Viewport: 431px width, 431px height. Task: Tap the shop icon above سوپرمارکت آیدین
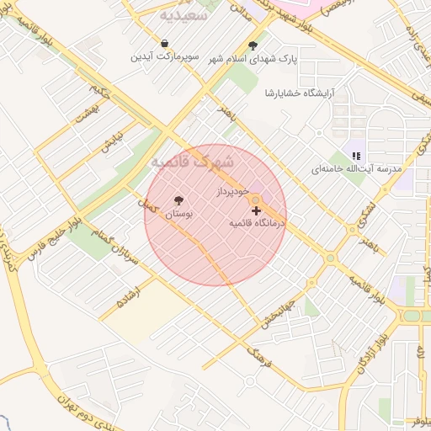tap(164, 43)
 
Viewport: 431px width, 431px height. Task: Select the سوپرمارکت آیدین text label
tap(164, 56)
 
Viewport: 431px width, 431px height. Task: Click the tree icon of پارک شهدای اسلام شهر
tap(253, 46)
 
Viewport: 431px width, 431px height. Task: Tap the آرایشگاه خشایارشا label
tap(295, 92)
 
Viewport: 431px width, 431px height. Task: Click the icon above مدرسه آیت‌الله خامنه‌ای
tap(356, 156)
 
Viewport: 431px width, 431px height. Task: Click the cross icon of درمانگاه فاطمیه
tap(256, 210)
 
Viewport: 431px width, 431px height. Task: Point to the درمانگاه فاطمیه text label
tap(258, 223)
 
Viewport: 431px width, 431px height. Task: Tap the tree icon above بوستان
tap(178, 200)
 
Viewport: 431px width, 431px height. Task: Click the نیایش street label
tap(112, 141)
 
